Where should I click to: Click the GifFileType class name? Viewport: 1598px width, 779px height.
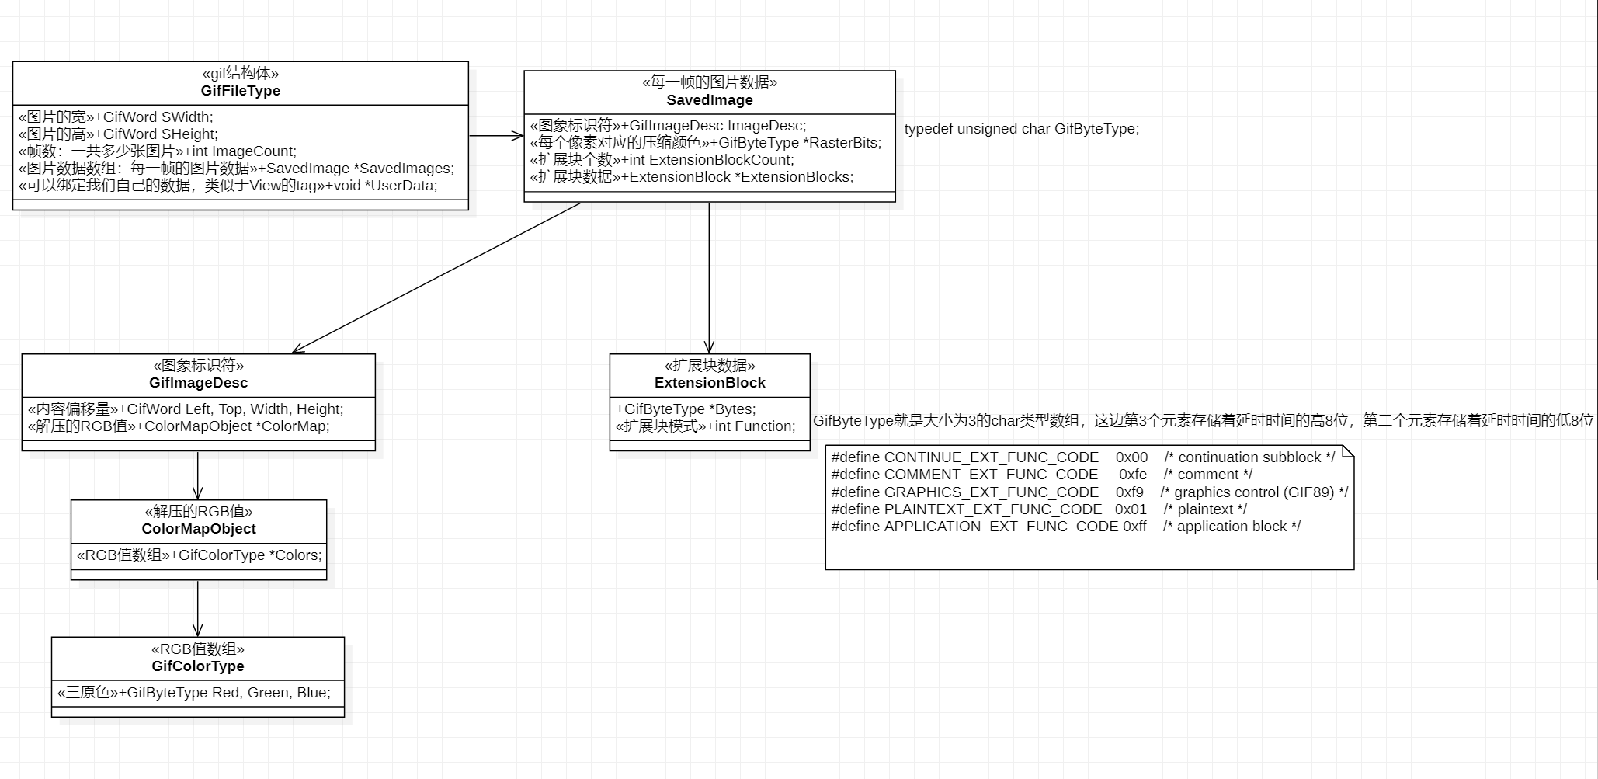point(240,91)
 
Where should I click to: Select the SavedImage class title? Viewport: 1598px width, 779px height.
point(710,100)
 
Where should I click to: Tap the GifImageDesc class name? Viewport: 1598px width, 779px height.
point(198,383)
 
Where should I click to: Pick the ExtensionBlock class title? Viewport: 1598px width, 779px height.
point(710,383)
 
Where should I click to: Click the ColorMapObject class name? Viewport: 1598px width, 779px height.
point(199,529)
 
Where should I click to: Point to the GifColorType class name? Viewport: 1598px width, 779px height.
point(198,666)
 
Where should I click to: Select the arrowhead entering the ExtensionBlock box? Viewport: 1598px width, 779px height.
point(709,347)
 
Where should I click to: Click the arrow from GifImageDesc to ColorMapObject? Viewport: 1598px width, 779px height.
point(198,475)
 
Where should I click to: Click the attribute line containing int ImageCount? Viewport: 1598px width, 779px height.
point(158,151)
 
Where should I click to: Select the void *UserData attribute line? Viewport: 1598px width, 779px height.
point(228,186)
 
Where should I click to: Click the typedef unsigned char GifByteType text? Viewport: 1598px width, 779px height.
point(1021,129)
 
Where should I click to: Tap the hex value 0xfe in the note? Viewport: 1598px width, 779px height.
point(1132,475)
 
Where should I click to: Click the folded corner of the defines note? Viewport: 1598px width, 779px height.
point(1348,452)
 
